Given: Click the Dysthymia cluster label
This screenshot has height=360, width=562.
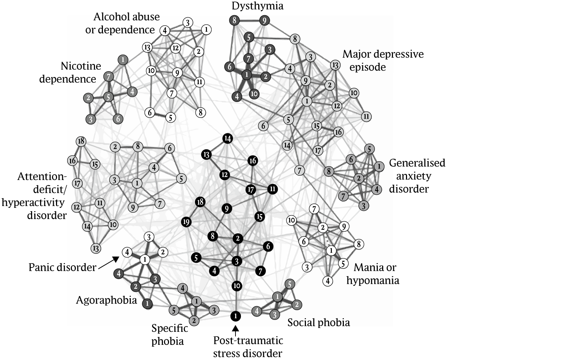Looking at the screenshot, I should point(257,6).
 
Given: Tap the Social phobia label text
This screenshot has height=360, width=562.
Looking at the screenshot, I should point(319,322).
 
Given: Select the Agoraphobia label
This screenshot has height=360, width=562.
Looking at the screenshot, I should point(106,300).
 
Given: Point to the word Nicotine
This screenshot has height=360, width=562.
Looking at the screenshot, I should point(81,66).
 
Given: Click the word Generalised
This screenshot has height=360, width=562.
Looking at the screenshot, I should point(417,163).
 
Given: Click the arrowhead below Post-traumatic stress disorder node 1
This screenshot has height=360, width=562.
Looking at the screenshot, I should point(235,329).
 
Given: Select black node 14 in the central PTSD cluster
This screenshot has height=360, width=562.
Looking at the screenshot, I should point(227,138).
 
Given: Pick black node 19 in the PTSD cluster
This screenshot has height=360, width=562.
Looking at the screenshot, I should point(186,222).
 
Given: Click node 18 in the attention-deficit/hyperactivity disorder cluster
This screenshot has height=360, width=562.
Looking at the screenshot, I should point(81,141).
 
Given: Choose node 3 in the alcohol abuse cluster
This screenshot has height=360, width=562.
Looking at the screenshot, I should point(187,23).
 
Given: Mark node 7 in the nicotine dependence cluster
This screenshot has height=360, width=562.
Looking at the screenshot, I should point(108,77).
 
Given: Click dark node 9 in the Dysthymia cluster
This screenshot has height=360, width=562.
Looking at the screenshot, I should point(264,21).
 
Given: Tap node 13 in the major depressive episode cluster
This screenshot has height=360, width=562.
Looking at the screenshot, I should point(335,65).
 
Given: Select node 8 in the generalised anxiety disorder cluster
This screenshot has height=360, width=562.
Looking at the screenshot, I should point(329,171).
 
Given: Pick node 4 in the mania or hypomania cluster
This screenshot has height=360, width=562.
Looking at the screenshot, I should point(328,281).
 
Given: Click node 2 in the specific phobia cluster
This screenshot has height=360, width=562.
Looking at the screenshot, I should point(194,320).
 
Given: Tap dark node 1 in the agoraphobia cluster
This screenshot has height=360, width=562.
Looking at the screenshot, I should point(147,304).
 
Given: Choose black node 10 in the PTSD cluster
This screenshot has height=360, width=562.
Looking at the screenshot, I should point(237,286).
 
